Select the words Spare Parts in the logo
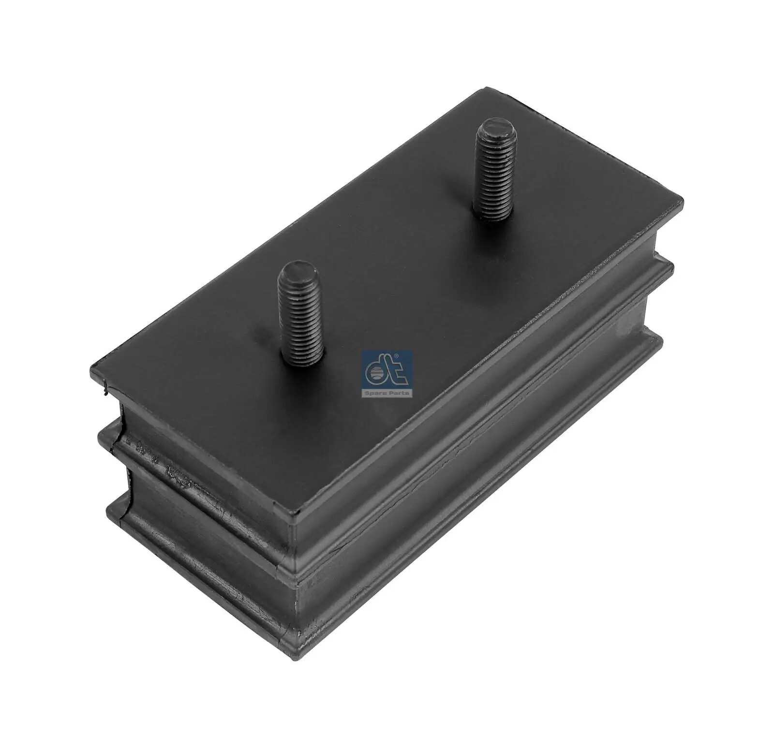tap(387, 393)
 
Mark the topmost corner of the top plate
tap(485, 88)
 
